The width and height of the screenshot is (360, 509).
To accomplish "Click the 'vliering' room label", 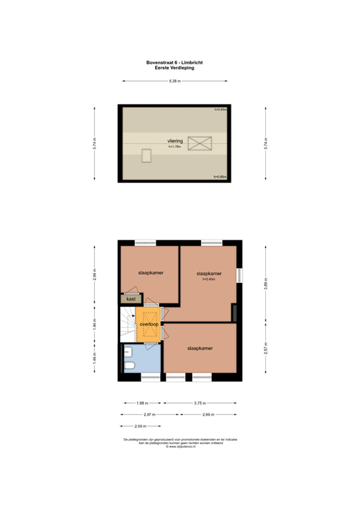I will pyautogui.click(x=174, y=141).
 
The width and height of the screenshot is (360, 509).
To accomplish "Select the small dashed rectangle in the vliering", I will pyautogui.click(x=145, y=155).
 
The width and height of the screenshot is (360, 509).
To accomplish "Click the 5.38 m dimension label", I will pyautogui.click(x=175, y=82).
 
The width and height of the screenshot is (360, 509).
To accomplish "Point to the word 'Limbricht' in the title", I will pyautogui.click(x=192, y=62).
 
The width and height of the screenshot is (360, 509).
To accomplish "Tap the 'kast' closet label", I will pyautogui.click(x=131, y=300).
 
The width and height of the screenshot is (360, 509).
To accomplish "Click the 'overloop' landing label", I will pyautogui.click(x=149, y=324).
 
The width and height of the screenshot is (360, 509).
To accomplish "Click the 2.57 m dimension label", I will pyautogui.click(x=267, y=351).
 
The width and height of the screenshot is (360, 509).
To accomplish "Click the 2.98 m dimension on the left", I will pyautogui.click(x=95, y=274).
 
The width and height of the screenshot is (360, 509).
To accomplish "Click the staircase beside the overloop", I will pyautogui.click(x=127, y=325).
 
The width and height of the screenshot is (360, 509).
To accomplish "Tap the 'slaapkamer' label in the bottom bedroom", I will pyautogui.click(x=200, y=348).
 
